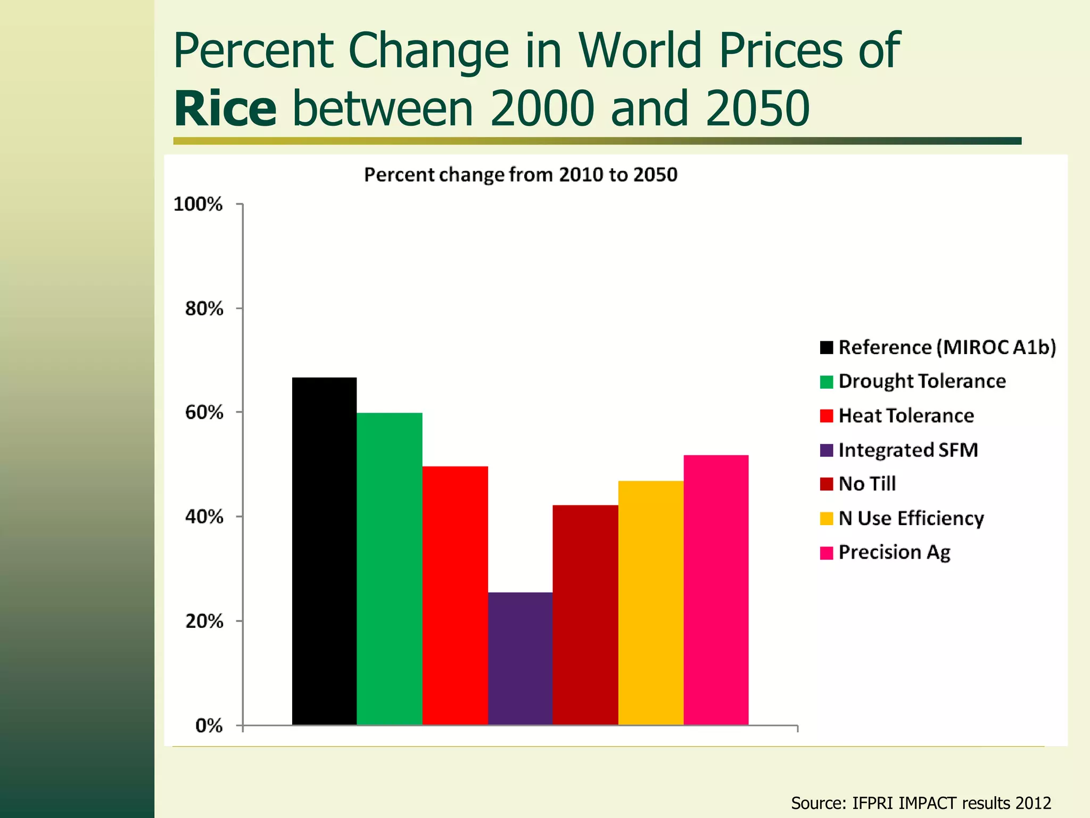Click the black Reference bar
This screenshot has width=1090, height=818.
coord(324,551)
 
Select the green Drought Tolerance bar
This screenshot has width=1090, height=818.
coord(390,569)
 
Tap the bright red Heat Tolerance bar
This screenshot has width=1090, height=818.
coord(455,595)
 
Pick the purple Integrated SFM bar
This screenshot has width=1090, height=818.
coord(520,658)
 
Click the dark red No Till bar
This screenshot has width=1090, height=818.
coord(585,615)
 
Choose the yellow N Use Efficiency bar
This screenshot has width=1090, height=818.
coord(651,602)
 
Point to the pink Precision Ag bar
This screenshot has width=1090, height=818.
coord(716,590)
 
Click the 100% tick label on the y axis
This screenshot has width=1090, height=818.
coord(198,204)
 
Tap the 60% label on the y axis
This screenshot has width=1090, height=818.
coord(204,412)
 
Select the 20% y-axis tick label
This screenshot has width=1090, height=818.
coord(204,621)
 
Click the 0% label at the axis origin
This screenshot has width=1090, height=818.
coord(209,725)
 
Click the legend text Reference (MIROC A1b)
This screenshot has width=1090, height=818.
coord(947,347)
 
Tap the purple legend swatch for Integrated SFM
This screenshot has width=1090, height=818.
coord(827,451)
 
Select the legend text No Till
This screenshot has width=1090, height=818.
coord(867,484)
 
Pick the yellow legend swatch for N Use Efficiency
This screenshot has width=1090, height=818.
coord(827,519)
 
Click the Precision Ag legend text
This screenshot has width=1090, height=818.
coord(894,552)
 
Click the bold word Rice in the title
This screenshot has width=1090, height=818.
coord(225,109)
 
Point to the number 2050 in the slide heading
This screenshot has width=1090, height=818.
coord(757,109)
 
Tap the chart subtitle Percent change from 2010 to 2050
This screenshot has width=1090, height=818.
coord(521,175)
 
